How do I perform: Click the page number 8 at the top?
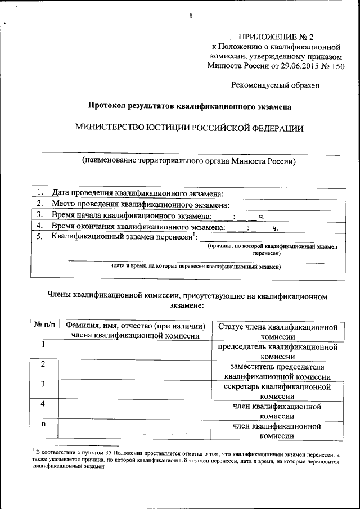tap(191, 15)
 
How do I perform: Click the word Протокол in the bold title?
tap(106, 106)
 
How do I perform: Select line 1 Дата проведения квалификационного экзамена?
tap(138, 193)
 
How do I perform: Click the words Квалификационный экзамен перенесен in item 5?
tap(122, 237)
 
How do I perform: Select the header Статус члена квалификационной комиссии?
tap(278, 331)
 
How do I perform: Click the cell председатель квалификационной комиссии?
tap(278, 351)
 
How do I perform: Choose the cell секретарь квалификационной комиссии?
tap(278, 391)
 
